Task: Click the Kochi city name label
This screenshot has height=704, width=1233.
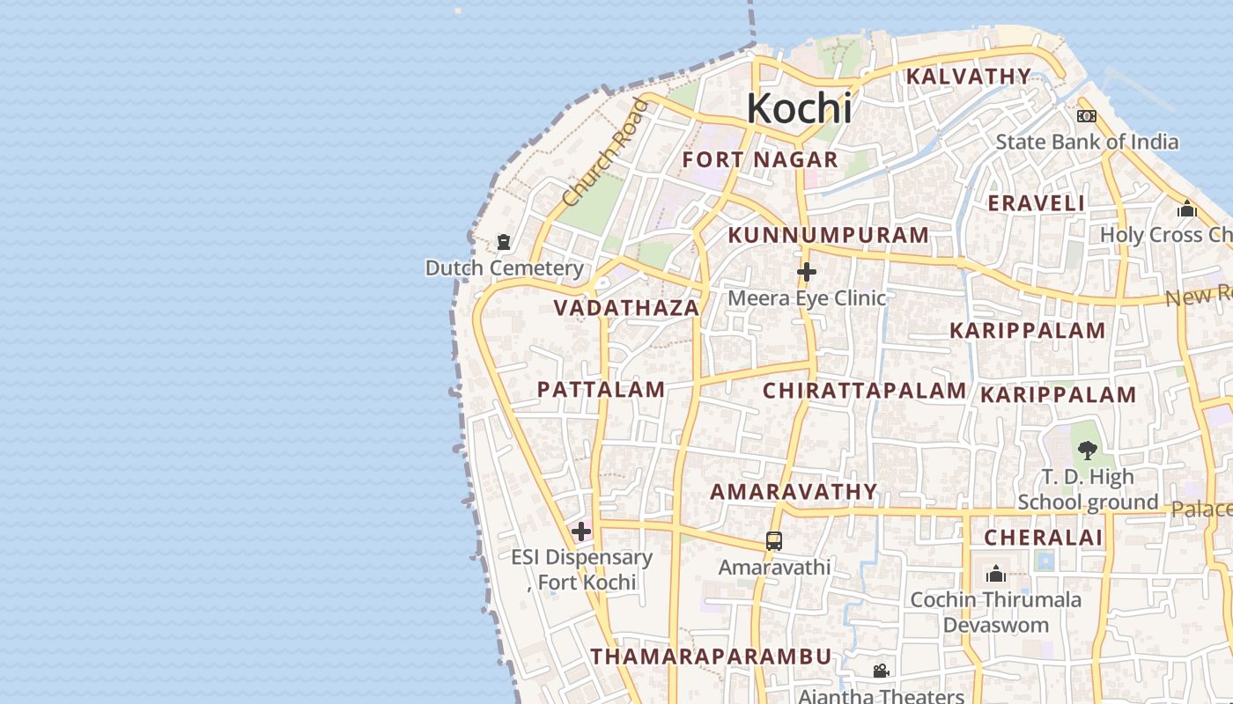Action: point(799,108)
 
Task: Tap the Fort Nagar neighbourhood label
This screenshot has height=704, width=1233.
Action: point(760,160)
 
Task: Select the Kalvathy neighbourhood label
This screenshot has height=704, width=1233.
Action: point(968,77)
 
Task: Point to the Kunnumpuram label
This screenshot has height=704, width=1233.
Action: point(828,235)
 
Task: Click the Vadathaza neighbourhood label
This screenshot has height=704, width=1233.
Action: point(626,308)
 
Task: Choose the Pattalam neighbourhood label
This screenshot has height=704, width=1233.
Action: point(601,390)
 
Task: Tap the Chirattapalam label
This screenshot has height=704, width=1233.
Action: point(864,391)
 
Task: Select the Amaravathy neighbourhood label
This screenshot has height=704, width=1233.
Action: point(794,492)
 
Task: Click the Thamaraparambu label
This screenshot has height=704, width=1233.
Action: point(711,656)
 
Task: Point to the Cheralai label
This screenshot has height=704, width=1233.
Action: point(1043,538)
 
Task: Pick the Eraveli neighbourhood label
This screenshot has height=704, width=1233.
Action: point(1036,203)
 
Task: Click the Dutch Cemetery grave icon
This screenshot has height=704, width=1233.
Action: point(504,241)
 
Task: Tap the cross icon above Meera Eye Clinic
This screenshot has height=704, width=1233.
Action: point(806,272)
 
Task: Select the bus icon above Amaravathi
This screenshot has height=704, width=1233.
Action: point(774,541)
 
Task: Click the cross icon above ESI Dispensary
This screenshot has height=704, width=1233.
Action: point(581,531)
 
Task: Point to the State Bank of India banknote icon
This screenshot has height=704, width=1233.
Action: point(1086,116)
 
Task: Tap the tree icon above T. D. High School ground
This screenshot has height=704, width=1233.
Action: point(1088,451)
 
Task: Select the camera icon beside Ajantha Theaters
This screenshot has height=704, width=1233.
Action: point(881,671)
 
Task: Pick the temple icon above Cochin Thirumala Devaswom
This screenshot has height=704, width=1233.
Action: point(996,575)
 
